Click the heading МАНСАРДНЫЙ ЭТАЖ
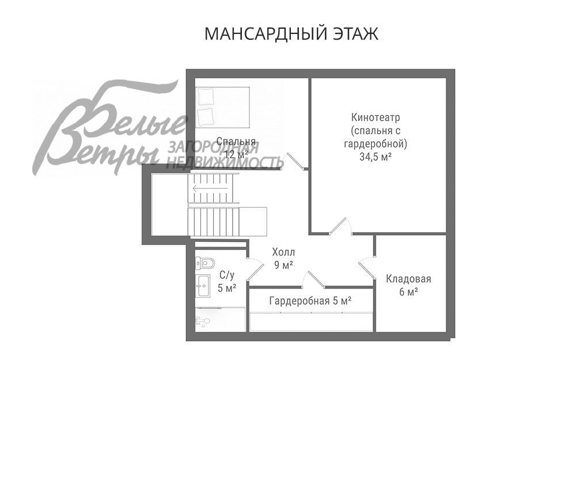291,34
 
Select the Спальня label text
236,141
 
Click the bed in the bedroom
222,107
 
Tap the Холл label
283,252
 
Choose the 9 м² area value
283,265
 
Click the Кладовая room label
408,279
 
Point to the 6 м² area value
408,293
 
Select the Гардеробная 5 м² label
310,300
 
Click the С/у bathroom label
227,275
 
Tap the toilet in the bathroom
204,263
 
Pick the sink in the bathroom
203,284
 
